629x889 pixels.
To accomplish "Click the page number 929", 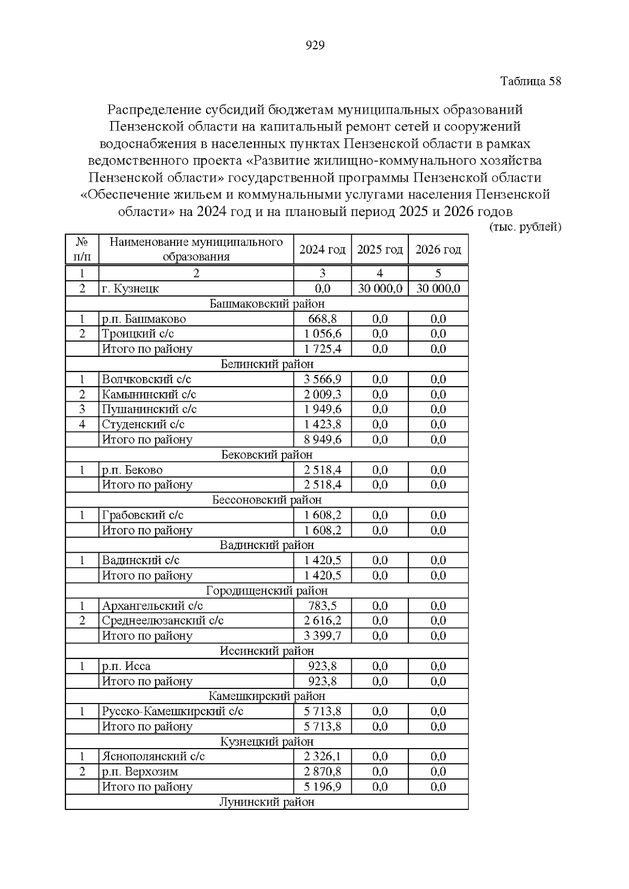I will coord(314,46).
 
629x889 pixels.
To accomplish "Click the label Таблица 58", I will coord(530,81).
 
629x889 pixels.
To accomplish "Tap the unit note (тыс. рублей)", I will coord(525,227).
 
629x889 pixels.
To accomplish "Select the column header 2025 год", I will coord(379,250).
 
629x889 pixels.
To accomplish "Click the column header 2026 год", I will coord(438,250).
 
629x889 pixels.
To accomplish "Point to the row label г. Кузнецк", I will coord(131,289).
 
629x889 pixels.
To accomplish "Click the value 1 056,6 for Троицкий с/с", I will coord(322,334).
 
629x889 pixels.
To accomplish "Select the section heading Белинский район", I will coord(267,364).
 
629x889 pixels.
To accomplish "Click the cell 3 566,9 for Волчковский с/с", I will coord(322,379).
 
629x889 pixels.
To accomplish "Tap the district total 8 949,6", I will coord(322,440).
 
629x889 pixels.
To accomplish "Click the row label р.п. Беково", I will coord(132,470).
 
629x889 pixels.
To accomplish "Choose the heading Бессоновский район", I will coord(267,500).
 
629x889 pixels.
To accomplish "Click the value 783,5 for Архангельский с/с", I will coord(322,606).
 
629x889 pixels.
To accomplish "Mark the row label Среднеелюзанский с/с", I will coord(162,621).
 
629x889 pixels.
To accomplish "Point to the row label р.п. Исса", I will coord(126,666).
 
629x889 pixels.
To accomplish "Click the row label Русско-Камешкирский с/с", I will coord(172,711).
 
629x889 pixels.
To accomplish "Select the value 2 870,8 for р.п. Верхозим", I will coord(322,772).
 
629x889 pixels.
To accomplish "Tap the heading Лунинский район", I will coord(267,802).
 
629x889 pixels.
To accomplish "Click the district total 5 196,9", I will coord(322,787).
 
